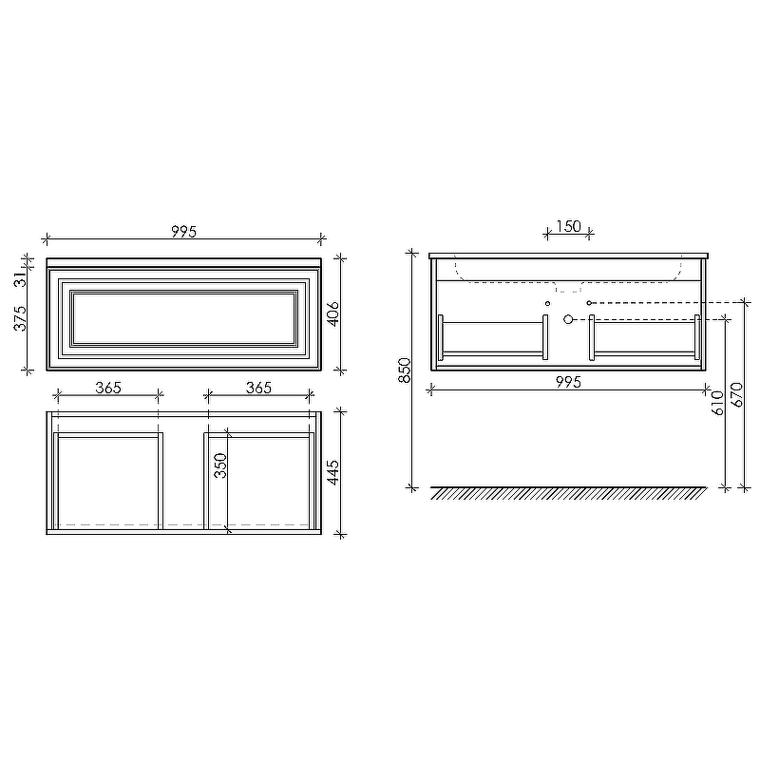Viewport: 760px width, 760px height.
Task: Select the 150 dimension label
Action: tap(567, 226)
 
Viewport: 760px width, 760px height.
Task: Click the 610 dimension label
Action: tap(717, 403)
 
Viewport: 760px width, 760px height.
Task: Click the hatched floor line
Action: tap(568, 493)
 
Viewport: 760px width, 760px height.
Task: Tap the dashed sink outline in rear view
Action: tap(567, 285)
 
